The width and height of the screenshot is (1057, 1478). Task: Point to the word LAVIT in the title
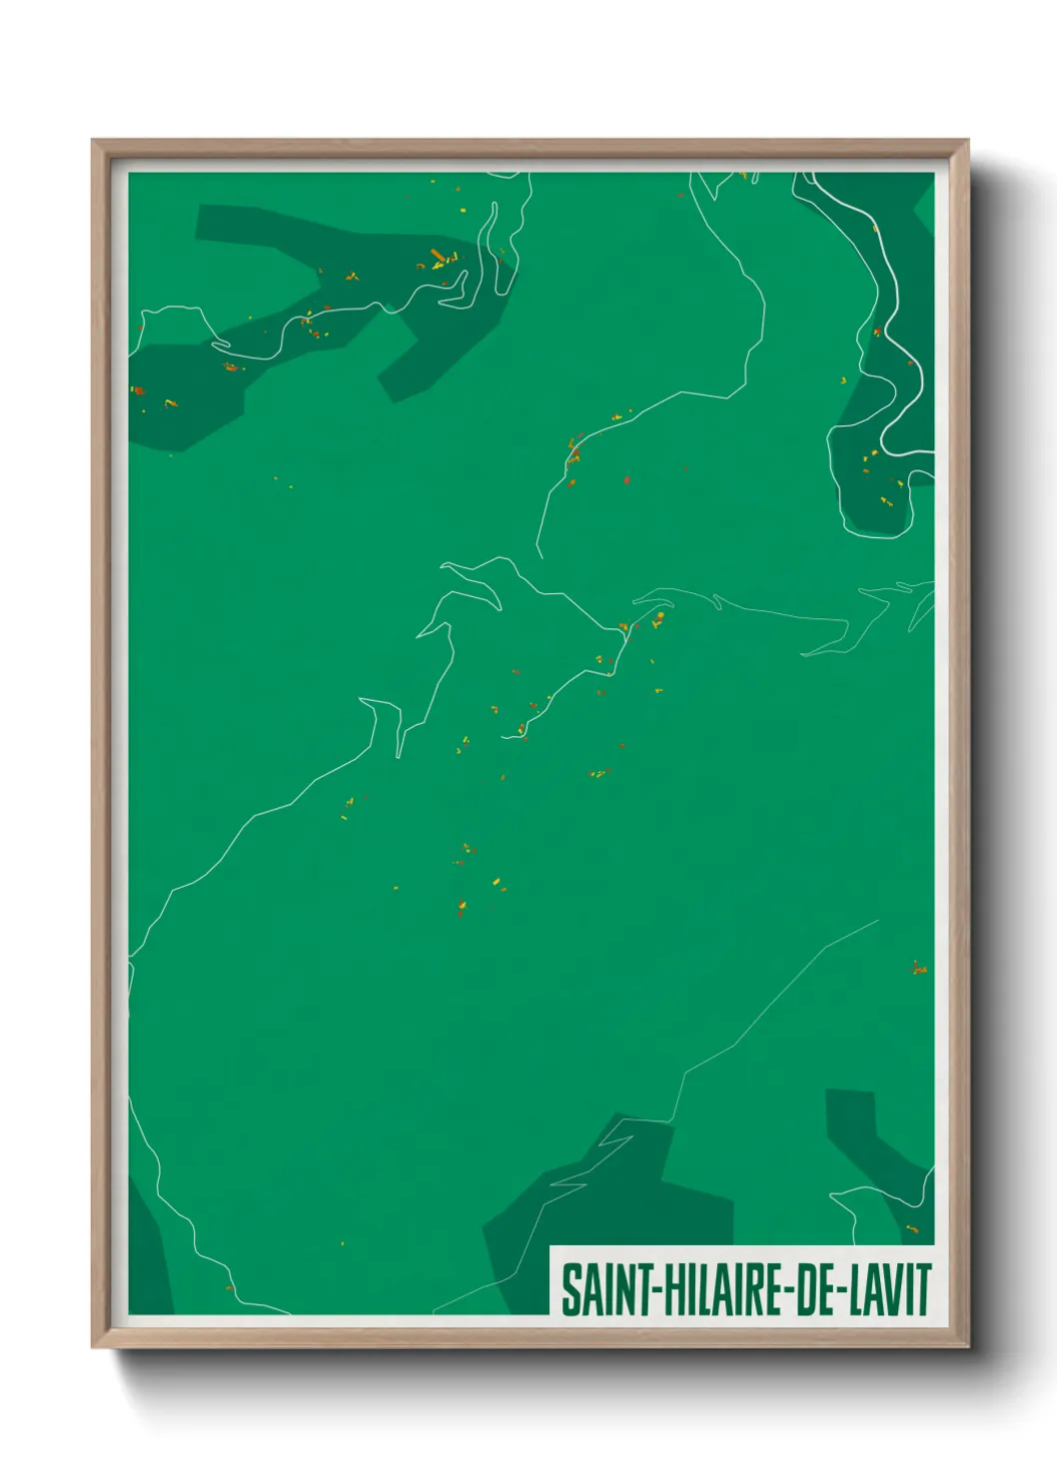click(x=891, y=1289)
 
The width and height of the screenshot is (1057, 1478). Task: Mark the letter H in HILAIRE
click(x=666, y=1289)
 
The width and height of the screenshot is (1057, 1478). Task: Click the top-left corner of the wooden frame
click(x=94, y=142)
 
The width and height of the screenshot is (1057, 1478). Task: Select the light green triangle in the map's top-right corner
click(x=926, y=205)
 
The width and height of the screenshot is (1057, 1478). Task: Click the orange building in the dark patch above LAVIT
click(x=911, y=1227)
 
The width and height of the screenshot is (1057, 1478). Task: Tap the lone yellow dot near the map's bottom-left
click(x=343, y=1243)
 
